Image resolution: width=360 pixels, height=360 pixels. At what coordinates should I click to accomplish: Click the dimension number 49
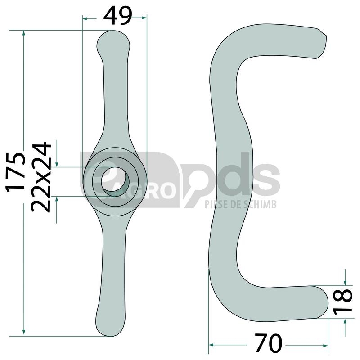pos(118,16)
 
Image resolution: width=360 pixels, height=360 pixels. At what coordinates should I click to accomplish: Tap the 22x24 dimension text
pos(41,177)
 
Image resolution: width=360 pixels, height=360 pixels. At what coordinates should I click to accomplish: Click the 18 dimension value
pos(343,301)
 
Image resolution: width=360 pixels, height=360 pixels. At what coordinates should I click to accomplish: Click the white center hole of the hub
pos(114,181)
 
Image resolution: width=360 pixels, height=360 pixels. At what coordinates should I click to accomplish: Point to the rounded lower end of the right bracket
pos(321,301)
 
